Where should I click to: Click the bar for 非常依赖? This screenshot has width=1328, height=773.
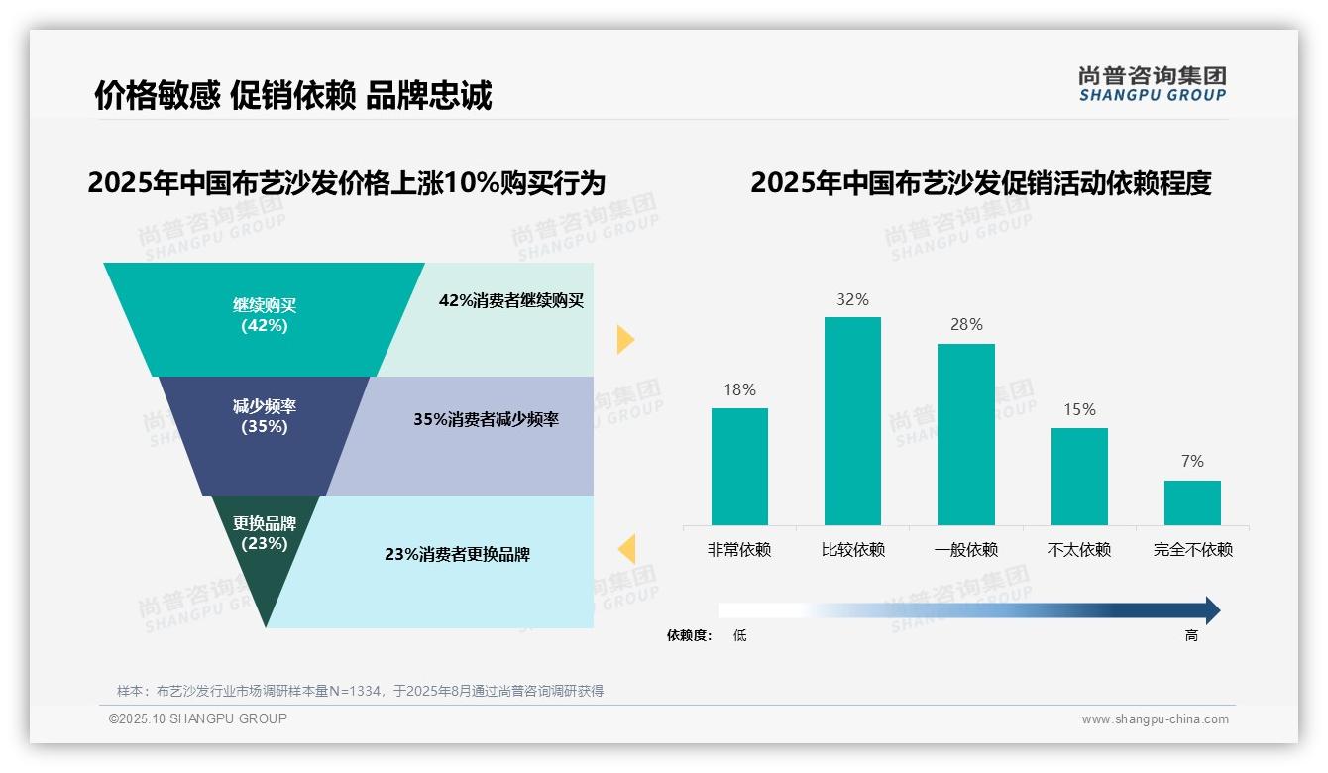pyautogui.click(x=739, y=466)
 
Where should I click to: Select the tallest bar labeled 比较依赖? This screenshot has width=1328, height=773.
pyautogui.click(x=852, y=420)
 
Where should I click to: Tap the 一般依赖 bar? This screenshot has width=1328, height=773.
pyautogui.click(x=966, y=434)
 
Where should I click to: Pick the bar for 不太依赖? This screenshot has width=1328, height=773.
pyautogui.click(x=1079, y=476)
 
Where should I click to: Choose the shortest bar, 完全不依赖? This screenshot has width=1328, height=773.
pyautogui.click(x=1192, y=502)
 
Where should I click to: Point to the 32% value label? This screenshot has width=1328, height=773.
pyautogui.click(x=852, y=299)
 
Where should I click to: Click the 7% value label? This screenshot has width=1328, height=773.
pyautogui.click(x=1192, y=462)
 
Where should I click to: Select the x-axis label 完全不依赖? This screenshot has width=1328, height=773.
pyautogui.click(x=1192, y=550)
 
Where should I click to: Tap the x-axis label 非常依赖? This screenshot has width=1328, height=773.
pyautogui.click(x=739, y=550)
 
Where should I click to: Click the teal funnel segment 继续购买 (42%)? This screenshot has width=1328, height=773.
pyautogui.click(x=264, y=317)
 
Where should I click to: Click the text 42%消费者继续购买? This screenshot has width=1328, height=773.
pyautogui.click(x=511, y=301)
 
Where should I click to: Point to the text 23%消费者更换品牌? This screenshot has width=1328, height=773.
pyautogui.click(x=458, y=555)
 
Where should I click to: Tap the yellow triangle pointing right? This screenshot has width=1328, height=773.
pyautogui.click(x=624, y=339)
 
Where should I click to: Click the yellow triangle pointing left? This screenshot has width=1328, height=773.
pyautogui.click(x=626, y=548)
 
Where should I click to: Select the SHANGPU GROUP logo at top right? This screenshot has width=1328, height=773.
pyautogui.click(x=1153, y=84)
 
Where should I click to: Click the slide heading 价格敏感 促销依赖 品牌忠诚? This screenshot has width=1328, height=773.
pyautogui.click(x=293, y=95)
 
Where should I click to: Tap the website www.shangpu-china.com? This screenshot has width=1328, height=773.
pyautogui.click(x=1155, y=719)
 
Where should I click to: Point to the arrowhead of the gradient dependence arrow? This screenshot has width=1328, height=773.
pyautogui.click(x=1212, y=610)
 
